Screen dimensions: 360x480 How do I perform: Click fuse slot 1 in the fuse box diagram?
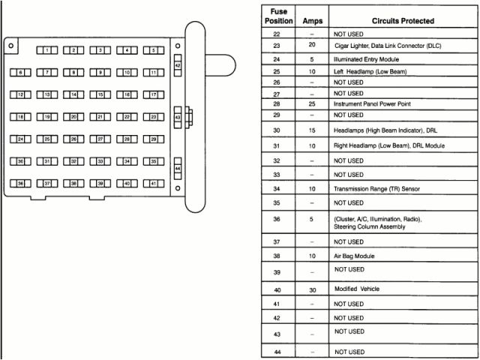coord(47,50)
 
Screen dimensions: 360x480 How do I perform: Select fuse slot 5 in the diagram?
coord(153,50)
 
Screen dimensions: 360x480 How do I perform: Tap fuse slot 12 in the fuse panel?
coord(21,95)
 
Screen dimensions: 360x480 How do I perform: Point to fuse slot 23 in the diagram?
coord(153,117)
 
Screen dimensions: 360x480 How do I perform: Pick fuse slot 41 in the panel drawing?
coord(153,183)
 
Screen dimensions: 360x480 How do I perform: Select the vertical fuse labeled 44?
coord(178,168)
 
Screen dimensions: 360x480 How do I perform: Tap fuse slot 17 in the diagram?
coord(153,95)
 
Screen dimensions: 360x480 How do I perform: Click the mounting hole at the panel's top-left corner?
coord(10,46)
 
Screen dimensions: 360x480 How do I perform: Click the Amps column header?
coord(312,21)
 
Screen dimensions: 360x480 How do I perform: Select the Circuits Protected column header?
coord(403,21)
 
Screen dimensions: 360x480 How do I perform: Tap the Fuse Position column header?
coord(277,16)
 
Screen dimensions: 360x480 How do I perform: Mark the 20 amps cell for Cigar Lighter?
coord(312,46)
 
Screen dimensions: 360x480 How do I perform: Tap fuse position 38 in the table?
coord(277,256)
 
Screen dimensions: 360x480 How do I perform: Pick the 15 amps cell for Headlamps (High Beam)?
coord(312,130)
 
